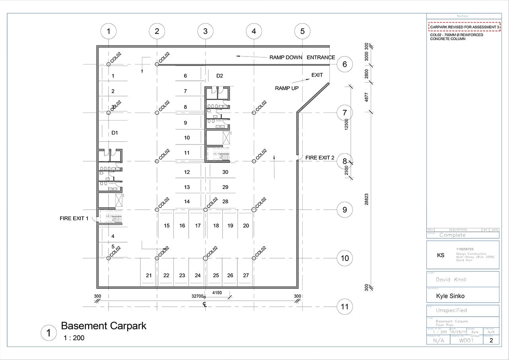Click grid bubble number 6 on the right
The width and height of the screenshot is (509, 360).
345,64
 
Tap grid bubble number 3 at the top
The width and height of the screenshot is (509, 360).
205,31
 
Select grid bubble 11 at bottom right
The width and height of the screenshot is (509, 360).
345,307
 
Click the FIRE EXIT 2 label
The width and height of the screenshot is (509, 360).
320,158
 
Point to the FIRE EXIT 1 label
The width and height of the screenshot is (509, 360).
74,218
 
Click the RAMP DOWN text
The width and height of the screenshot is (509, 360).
286,57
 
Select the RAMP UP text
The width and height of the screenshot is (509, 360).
287,88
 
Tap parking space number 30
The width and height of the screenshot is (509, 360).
225,172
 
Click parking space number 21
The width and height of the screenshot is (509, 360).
149,275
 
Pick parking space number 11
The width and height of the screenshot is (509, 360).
187,153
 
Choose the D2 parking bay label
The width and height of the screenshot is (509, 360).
220,76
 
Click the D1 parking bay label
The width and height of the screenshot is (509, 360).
115,132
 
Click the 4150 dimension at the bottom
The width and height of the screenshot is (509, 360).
217,293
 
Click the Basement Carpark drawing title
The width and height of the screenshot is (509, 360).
103,326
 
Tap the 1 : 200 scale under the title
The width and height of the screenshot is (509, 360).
74,338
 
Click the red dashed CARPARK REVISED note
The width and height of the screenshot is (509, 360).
464,27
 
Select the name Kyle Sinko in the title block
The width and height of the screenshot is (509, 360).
450,296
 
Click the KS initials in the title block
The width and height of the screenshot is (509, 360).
441,255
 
